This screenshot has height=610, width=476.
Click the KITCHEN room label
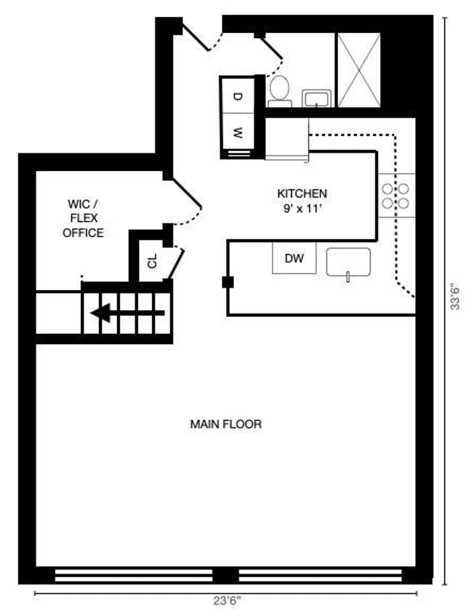[x=302, y=193]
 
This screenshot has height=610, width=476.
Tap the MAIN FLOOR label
[x=226, y=424]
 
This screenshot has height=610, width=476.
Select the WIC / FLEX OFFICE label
[x=83, y=218]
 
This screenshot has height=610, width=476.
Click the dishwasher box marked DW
[x=294, y=258]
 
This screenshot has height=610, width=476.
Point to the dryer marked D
[x=237, y=96]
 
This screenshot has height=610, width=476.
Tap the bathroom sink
[x=317, y=98]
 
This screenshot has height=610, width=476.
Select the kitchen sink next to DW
[x=349, y=262]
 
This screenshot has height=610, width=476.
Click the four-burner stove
[x=396, y=196]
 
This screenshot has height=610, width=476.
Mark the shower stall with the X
[x=359, y=70]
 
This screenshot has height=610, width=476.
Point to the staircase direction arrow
[x=127, y=313]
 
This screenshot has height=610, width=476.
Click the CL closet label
[x=152, y=261]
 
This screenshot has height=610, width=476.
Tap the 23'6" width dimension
[x=227, y=600]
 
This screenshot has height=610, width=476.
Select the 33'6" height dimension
[x=455, y=296]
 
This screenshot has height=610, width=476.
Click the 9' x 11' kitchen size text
[x=303, y=209]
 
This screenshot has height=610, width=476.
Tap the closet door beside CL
[x=176, y=262]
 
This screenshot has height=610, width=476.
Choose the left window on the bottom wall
[x=134, y=575]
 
